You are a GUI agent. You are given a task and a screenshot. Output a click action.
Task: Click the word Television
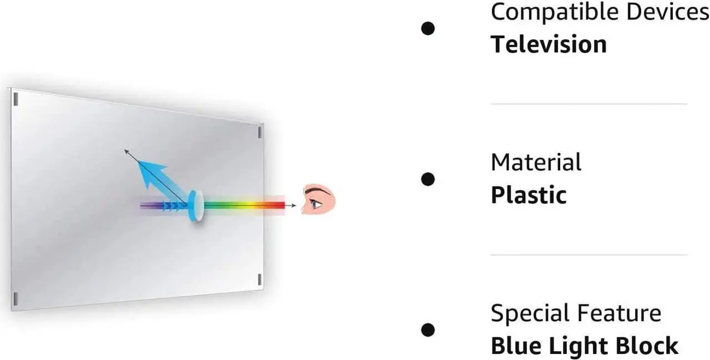(549, 44)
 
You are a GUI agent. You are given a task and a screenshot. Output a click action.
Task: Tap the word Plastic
(529, 195)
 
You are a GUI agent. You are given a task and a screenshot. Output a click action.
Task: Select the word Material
(536, 163)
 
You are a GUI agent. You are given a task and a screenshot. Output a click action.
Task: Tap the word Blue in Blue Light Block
(514, 346)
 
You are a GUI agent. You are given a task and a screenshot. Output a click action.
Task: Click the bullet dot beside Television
(428, 28)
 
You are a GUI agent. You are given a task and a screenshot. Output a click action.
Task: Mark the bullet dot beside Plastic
(428, 179)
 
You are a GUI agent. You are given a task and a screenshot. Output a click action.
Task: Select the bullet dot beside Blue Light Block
(428, 329)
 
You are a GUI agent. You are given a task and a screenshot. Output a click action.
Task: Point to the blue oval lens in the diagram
(195, 205)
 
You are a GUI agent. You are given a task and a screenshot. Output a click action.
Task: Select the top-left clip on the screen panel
(16, 99)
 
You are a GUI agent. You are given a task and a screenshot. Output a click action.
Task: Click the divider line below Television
(589, 104)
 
